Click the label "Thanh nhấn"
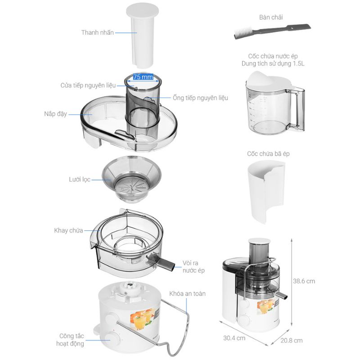(97, 32)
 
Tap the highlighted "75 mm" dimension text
(143, 77)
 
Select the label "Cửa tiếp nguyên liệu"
(88, 85)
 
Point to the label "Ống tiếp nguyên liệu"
(200, 98)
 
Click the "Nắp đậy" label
(55, 114)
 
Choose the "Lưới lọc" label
(80, 180)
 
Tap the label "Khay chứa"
(68, 230)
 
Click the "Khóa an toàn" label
(187, 294)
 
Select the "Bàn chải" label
(271, 17)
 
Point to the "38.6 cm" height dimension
(304, 281)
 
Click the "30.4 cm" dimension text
(234, 338)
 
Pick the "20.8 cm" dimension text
(291, 341)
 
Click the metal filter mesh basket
(131, 179)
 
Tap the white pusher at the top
(143, 36)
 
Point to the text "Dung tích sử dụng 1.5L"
(273, 63)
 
